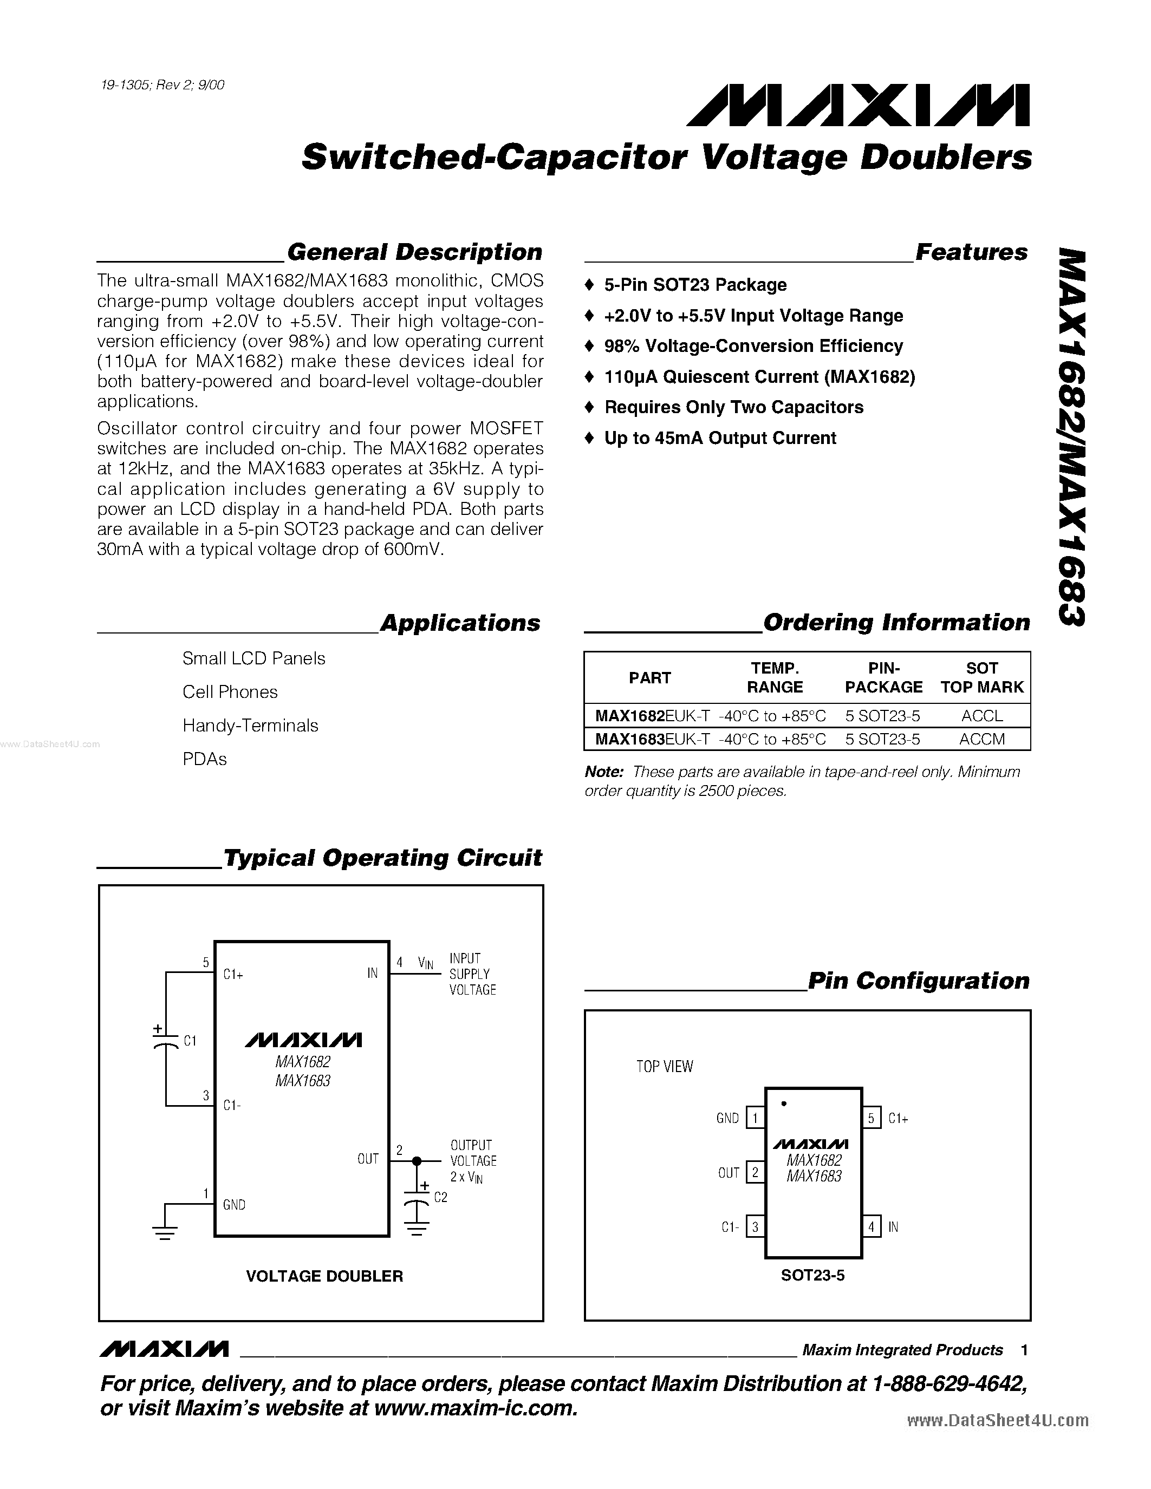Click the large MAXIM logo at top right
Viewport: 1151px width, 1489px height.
pyautogui.click(x=858, y=106)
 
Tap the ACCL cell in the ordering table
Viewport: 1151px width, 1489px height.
pyautogui.click(x=981, y=715)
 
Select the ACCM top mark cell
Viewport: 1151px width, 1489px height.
pyautogui.click(x=981, y=739)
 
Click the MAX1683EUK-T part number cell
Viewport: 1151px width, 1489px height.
pyautogui.click(x=652, y=739)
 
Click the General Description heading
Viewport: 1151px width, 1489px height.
pyautogui.click(x=414, y=252)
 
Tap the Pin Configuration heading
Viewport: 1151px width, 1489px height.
pyautogui.click(x=918, y=981)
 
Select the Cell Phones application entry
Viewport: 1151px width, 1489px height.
pyautogui.click(x=230, y=691)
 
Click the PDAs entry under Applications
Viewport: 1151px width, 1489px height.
pyautogui.click(x=205, y=759)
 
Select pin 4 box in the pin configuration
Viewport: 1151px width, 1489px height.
pyautogui.click(x=871, y=1227)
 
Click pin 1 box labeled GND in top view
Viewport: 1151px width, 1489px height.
pyautogui.click(x=755, y=1118)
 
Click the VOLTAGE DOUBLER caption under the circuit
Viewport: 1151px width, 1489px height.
pyautogui.click(x=324, y=1276)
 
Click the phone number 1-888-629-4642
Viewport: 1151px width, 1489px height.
pyautogui.click(x=948, y=1383)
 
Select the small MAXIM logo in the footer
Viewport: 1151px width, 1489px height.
pyautogui.click(x=164, y=1349)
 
